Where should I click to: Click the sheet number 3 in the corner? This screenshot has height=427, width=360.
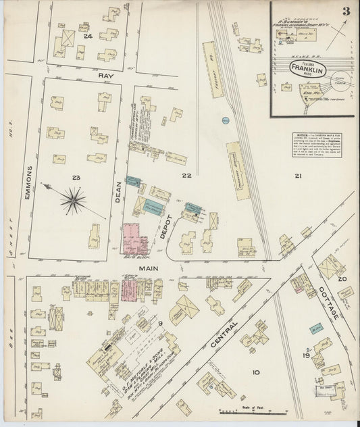pyautogui.click(x=345, y=11)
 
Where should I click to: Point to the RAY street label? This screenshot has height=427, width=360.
pyautogui.click(x=105, y=76)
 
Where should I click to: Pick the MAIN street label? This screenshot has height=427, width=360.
pyautogui.click(x=145, y=269)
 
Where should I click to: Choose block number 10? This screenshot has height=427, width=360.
pyautogui.click(x=255, y=372)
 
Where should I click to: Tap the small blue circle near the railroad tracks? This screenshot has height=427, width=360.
pyautogui.click(x=224, y=120)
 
